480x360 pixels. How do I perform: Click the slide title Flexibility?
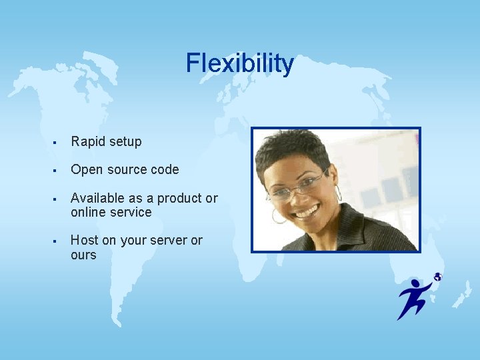click(239, 63)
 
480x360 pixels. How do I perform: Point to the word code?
click(165, 169)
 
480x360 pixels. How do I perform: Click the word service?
click(133, 212)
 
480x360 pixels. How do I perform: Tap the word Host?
click(83, 240)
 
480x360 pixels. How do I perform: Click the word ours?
click(83, 255)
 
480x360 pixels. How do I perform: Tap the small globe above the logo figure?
click(437, 277)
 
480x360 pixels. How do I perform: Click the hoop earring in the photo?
click(278, 216)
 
